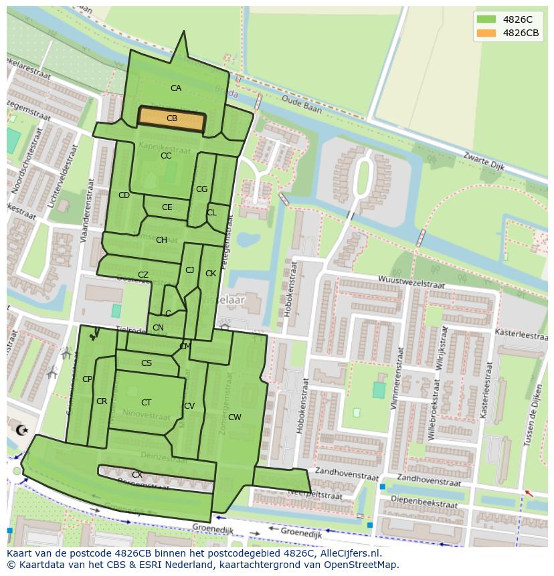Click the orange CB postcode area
pos(171,118)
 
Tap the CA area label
pos(175,88)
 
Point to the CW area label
pos(234,417)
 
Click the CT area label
pos(146,403)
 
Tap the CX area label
pos(136,475)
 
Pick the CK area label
pos(211,274)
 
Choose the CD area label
pos(124,195)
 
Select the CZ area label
pos(143,275)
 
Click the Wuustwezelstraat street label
pos(411,281)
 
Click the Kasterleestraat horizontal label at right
pos(519,332)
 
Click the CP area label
pos(87,379)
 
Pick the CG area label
pos(201,189)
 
